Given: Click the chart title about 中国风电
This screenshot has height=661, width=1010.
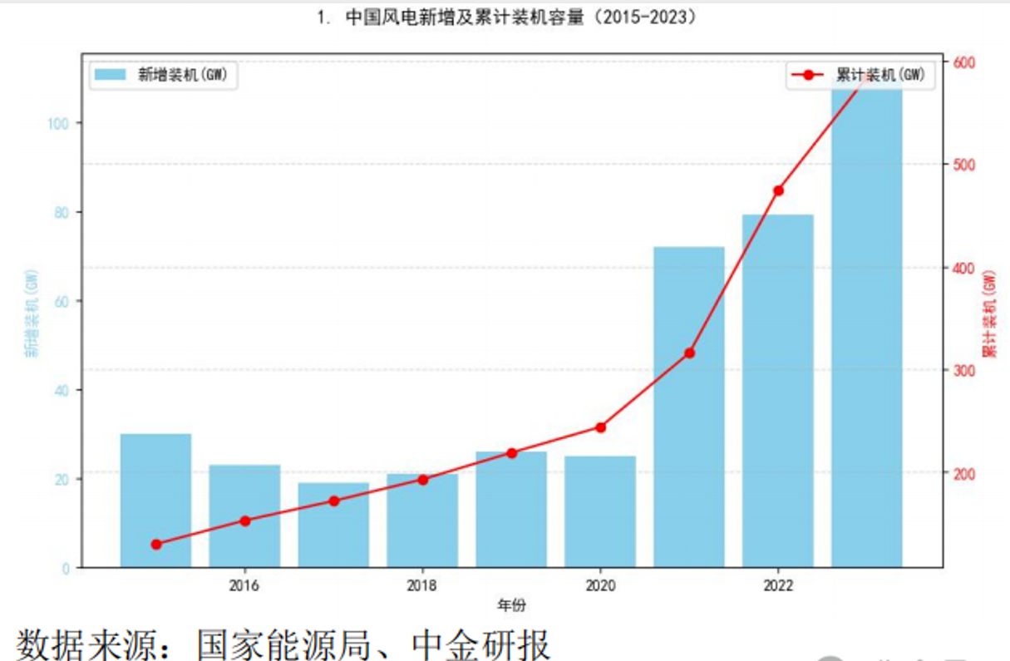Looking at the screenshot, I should coord(507,17).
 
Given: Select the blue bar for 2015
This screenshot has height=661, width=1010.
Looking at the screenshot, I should coord(155,500).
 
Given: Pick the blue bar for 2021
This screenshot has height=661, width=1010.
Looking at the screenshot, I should coord(689,407).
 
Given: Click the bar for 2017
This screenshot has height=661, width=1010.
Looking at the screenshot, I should coord(333,525).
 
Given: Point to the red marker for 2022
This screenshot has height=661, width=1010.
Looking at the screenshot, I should coord(778,190).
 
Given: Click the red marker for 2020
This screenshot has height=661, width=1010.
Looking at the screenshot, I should coord(600,427).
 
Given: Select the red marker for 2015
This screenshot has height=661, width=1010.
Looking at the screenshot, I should coord(156,545).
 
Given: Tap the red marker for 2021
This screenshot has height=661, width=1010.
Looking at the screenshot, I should coord(689,353).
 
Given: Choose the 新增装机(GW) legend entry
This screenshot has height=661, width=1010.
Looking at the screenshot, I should coord(164,76).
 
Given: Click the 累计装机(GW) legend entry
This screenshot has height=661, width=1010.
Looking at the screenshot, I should coord(860,76).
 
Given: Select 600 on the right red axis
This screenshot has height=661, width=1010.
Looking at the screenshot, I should coord(964,62).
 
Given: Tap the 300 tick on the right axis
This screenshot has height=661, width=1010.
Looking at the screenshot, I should coord(964,370).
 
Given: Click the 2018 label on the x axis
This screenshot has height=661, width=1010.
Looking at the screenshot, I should coord(422,585).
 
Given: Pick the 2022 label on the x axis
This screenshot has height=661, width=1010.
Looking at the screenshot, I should coord(778,585).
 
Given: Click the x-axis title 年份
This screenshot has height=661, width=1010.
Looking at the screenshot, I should coord(511,604).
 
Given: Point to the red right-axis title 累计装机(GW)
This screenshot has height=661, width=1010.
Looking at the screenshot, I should coord(988,314).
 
